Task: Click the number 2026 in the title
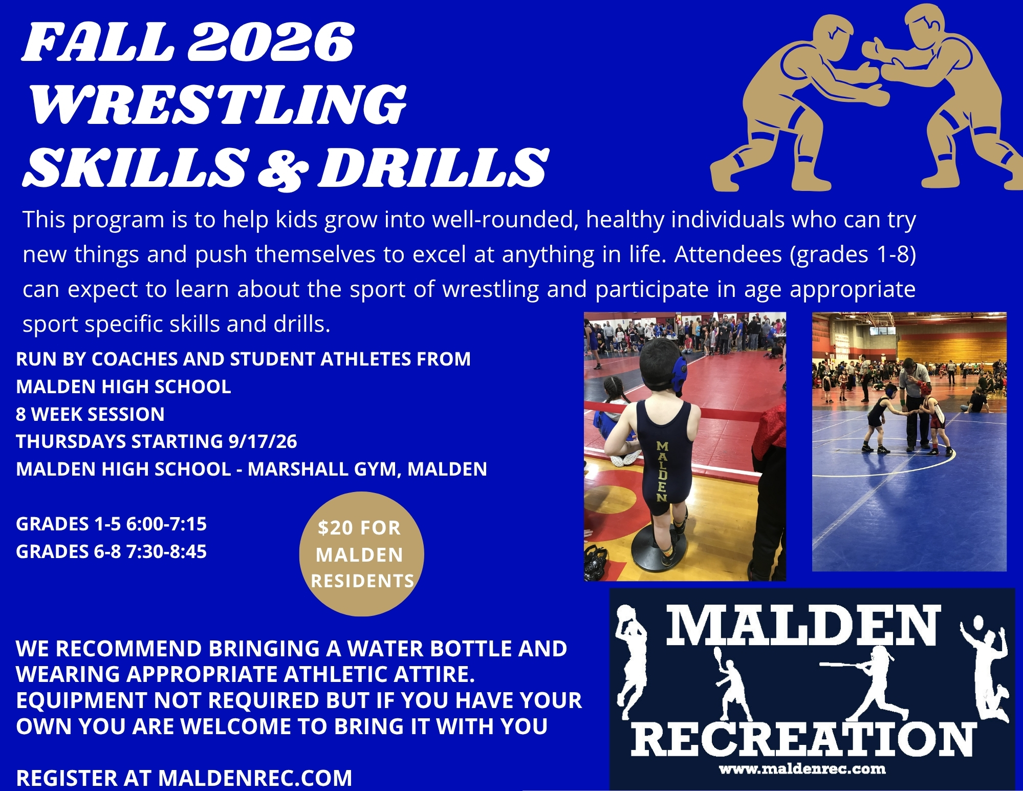tap(271, 42)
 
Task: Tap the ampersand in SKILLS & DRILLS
tap(283, 168)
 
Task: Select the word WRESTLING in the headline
tap(218, 105)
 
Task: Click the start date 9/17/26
tap(263, 442)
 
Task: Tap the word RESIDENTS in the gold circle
tap(362, 581)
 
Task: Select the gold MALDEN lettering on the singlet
tap(662, 472)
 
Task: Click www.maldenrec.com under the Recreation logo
tap(802, 769)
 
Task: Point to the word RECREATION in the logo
tap(803, 739)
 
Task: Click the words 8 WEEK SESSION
tap(90, 414)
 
